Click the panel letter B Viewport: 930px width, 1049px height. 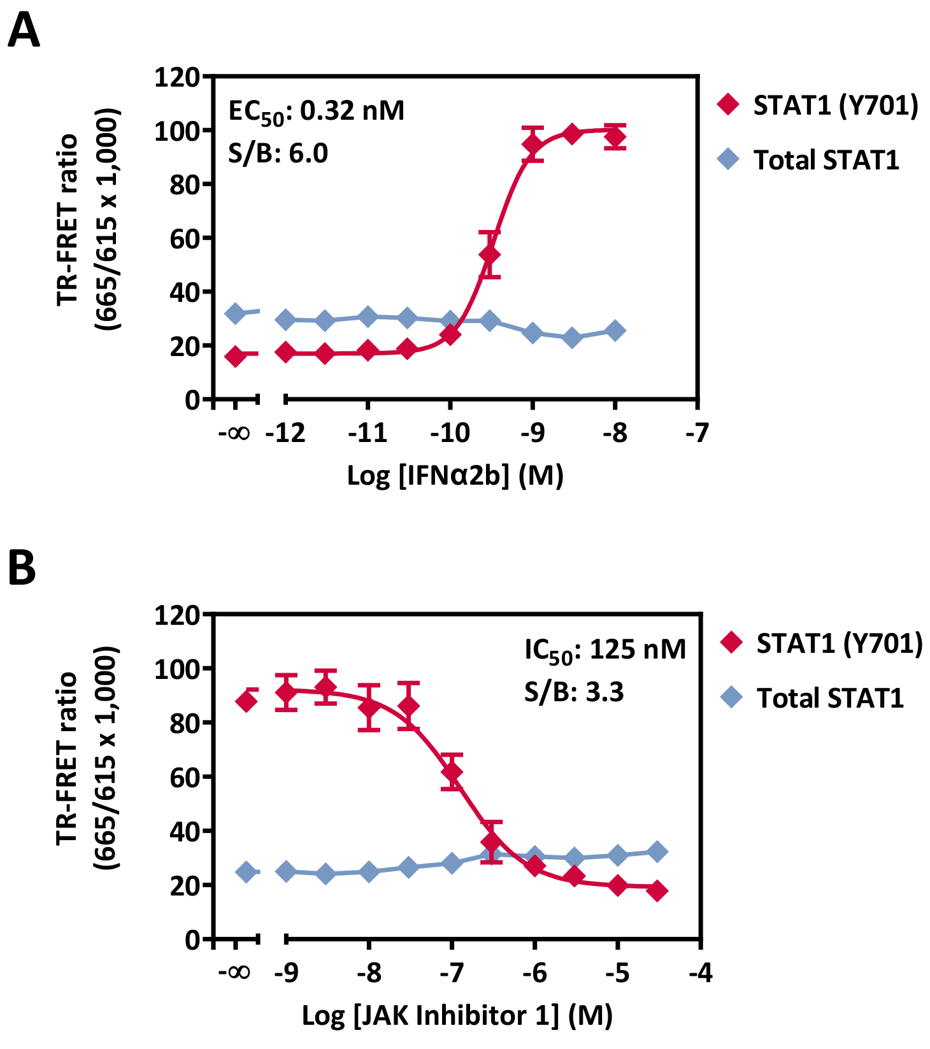click(x=22, y=568)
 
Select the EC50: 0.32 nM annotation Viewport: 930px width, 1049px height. click(x=316, y=111)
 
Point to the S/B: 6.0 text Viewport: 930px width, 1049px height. click(x=278, y=153)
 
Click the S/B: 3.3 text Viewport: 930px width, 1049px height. click(x=573, y=692)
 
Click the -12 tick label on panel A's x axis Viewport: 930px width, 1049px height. click(x=285, y=434)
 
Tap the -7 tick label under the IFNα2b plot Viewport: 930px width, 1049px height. click(x=697, y=434)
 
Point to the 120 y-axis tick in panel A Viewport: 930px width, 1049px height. click(x=177, y=78)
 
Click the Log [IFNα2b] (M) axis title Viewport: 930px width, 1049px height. click(x=455, y=476)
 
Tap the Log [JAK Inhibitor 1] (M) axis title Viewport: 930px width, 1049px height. click(x=457, y=1015)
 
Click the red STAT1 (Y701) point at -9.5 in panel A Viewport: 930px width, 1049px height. click(x=489, y=255)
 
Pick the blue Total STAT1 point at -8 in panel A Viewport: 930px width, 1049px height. click(x=615, y=331)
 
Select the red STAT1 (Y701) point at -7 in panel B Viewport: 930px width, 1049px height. click(x=452, y=772)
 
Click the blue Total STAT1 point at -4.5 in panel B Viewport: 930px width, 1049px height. click(x=657, y=852)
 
